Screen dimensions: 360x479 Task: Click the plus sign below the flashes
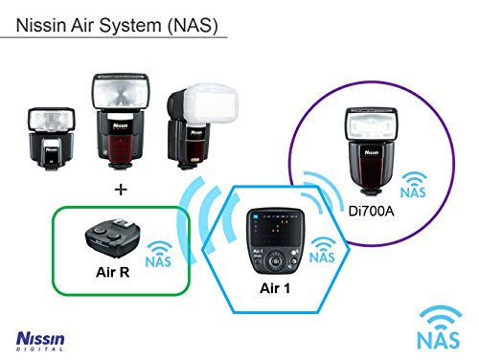pos(120,190)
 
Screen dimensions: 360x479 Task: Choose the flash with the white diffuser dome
pos(193,129)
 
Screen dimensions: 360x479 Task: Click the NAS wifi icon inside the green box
pos(159,253)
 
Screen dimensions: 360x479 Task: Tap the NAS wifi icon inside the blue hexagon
pos(323,251)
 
